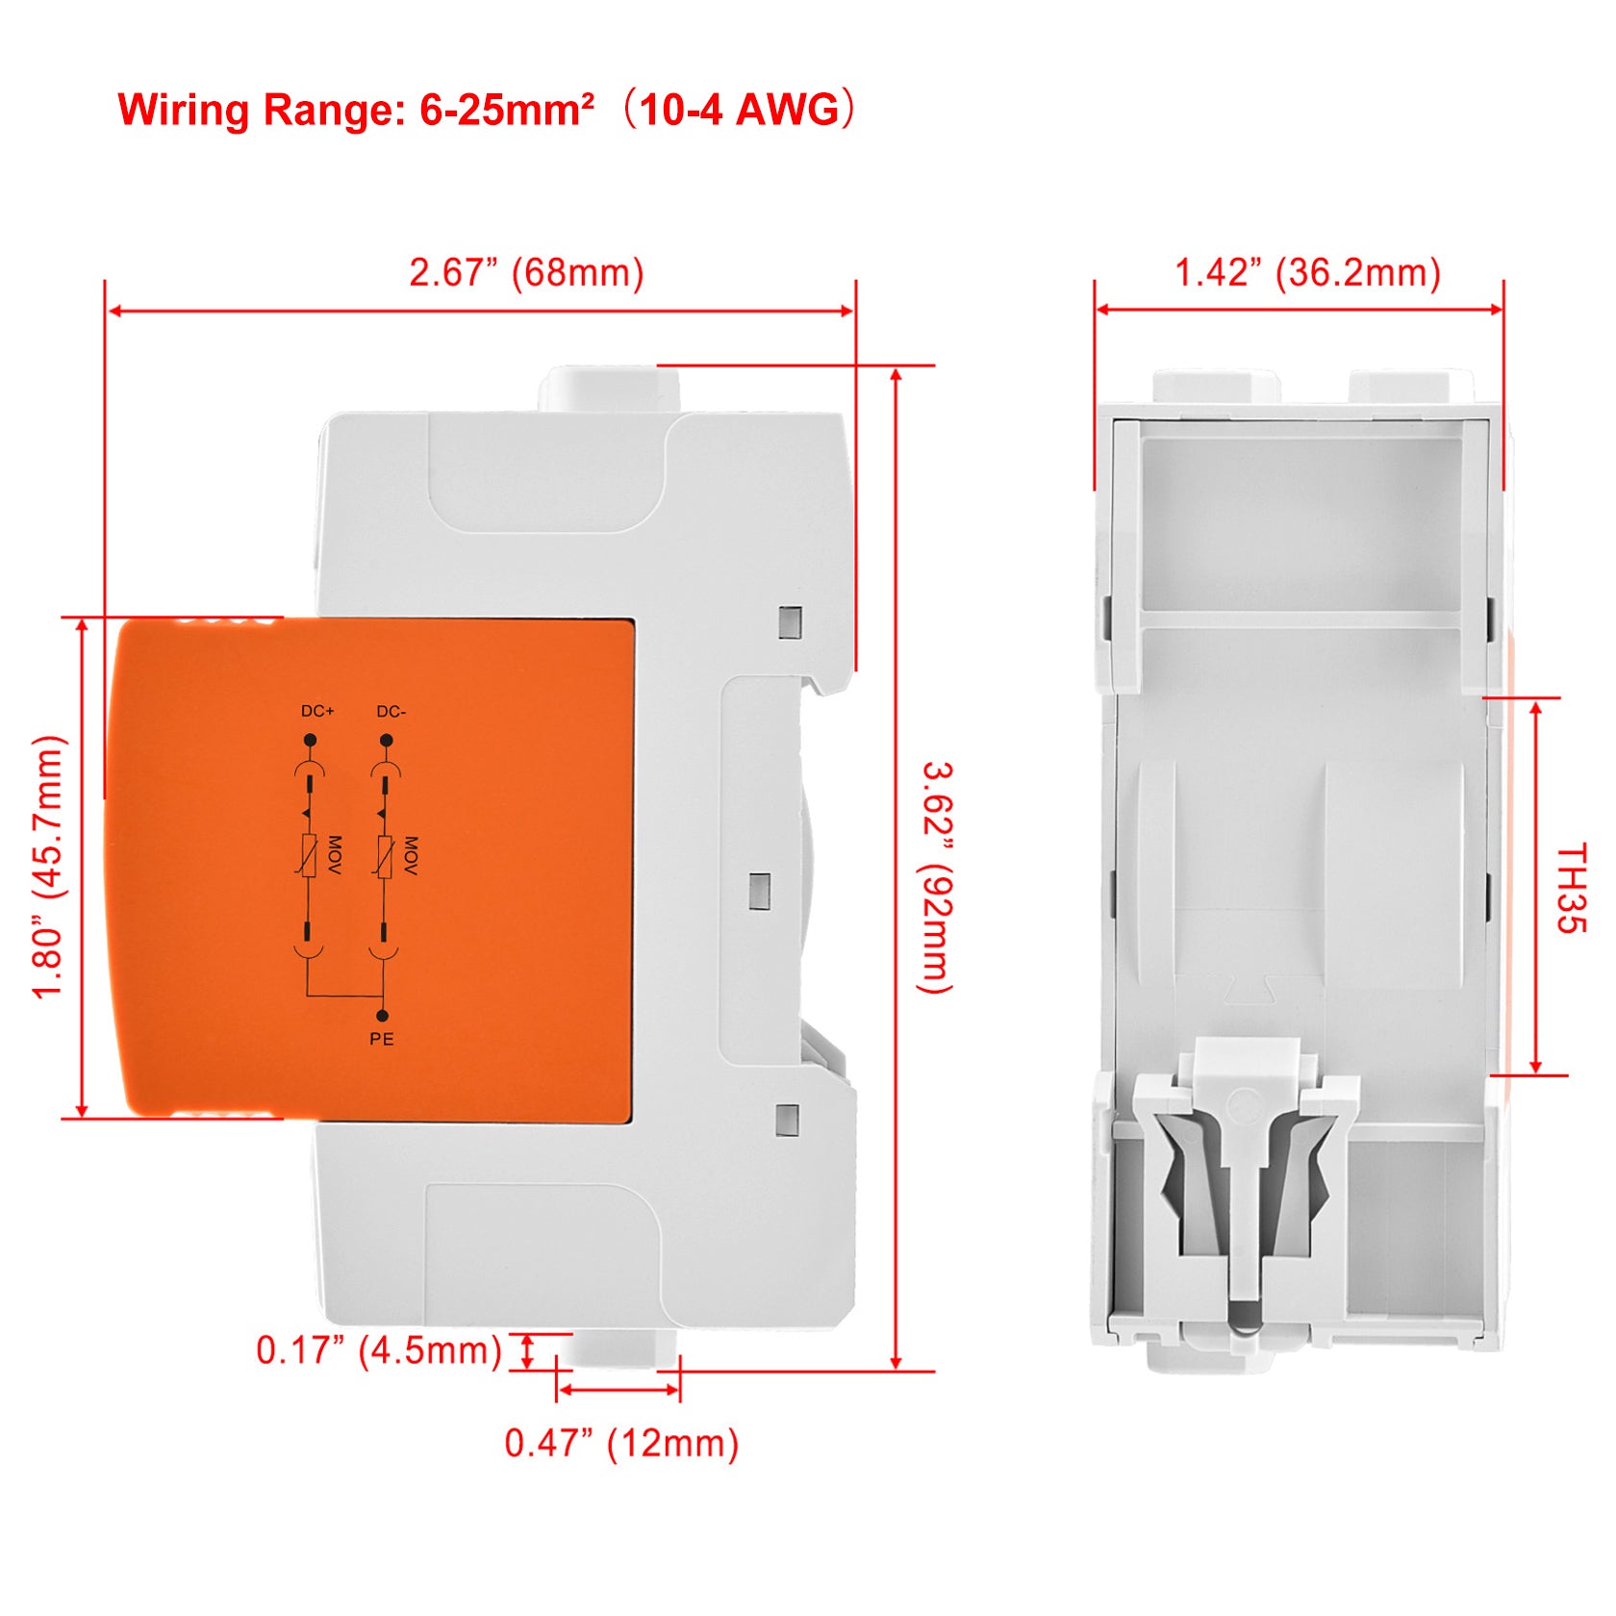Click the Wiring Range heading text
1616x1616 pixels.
point(487,109)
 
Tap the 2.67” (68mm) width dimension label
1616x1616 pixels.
point(526,272)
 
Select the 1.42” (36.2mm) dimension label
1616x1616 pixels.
point(1307,272)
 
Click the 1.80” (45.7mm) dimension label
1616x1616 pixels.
point(48,868)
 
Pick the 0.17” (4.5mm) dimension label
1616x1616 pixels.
point(379,1351)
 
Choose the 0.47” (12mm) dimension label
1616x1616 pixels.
point(621,1443)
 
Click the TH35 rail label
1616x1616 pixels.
point(1571,888)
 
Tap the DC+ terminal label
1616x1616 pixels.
point(317,711)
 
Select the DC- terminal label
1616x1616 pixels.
point(391,712)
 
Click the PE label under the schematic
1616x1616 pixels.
point(382,1039)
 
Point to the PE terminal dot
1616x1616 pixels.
point(382,1016)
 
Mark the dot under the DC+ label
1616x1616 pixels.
point(310,740)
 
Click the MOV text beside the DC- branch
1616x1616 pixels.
point(411,855)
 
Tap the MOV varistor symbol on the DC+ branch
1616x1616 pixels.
point(308,856)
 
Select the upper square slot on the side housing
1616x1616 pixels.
point(790,622)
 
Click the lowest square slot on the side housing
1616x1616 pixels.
point(788,1119)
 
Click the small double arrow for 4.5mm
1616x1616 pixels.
point(526,1351)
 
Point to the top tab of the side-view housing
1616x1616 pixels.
point(609,390)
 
